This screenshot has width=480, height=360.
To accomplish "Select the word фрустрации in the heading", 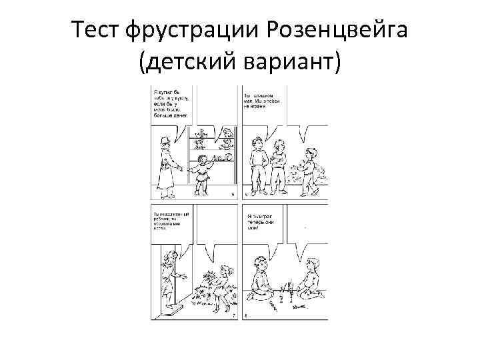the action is coord(194,31).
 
